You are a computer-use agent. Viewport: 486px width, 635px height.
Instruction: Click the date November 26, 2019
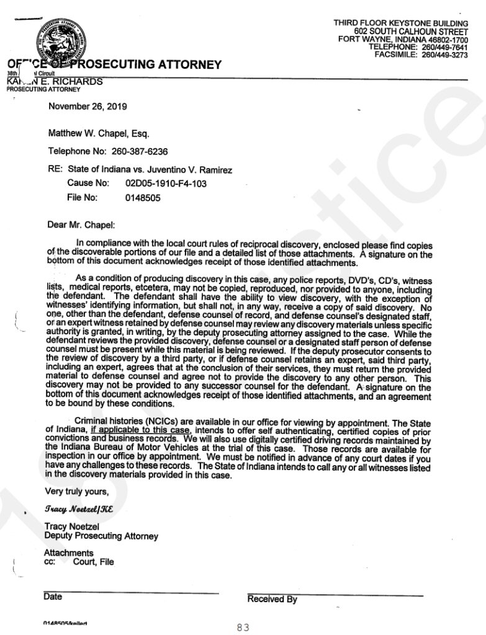(x=88, y=106)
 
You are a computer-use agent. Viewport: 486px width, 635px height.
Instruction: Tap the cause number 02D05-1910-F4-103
(x=166, y=183)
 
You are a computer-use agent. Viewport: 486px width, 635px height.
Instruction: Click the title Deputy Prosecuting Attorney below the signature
(x=101, y=536)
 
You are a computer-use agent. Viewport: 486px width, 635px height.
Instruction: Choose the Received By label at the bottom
(x=272, y=600)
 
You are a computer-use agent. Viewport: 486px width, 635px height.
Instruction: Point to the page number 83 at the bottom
(x=243, y=627)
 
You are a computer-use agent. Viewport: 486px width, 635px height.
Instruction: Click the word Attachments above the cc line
(x=68, y=553)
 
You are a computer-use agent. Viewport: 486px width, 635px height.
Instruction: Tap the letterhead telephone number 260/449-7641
(x=441, y=47)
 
